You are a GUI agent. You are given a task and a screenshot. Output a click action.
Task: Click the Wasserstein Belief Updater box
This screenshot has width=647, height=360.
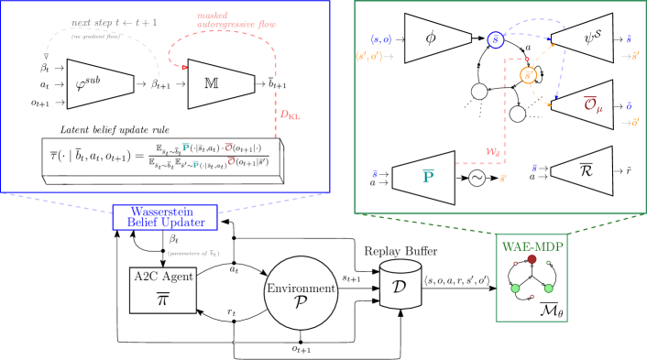(165, 217)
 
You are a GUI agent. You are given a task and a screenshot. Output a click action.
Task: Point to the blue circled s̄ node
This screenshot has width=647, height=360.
(496, 39)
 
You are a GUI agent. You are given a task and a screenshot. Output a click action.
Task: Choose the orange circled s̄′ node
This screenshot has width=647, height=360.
(528, 75)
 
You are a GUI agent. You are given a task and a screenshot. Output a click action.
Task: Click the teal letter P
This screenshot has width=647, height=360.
(428, 175)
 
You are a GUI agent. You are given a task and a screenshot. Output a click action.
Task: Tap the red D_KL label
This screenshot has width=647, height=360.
(290, 115)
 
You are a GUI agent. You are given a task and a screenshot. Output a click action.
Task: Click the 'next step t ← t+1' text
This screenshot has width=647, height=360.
(115, 22)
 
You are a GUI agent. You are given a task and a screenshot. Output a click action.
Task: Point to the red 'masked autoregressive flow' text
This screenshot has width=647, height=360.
(236, 19)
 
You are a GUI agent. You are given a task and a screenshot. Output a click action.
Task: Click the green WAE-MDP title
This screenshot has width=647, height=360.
(532, 246)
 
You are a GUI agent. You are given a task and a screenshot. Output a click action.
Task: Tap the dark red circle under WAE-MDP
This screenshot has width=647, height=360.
(532, 259)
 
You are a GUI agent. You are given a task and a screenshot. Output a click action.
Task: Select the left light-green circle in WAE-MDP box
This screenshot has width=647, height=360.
(515, 288)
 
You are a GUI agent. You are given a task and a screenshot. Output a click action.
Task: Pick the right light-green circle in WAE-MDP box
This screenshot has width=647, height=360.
(548, 288)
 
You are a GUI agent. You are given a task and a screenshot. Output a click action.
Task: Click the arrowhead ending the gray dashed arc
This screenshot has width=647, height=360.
(47, 58)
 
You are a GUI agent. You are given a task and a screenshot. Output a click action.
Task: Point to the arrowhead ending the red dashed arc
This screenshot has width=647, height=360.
(184, 68)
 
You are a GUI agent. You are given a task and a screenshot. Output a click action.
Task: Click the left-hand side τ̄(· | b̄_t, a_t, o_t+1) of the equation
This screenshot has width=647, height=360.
(94, 157)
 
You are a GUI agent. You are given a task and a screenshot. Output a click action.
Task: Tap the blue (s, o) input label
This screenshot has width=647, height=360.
(380, 39)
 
